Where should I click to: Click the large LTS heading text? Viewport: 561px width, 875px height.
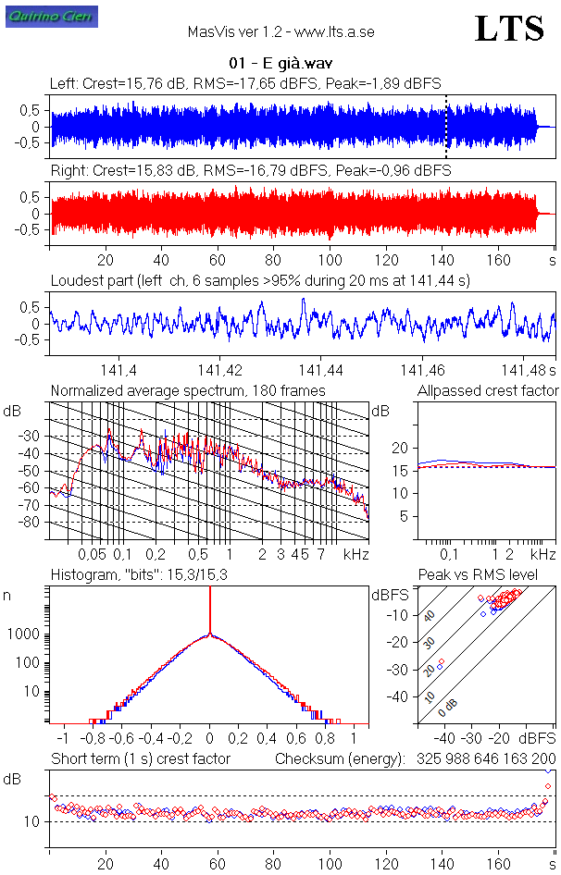click(508, 30)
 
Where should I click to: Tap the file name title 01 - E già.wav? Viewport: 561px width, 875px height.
click(280, 65)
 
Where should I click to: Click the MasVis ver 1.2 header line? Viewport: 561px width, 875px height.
click(280, 31)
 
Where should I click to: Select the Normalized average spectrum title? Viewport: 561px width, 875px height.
click(188, 391)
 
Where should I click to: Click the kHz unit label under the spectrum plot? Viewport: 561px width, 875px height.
click(355, 555)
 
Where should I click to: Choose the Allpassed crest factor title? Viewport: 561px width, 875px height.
click(488, 391)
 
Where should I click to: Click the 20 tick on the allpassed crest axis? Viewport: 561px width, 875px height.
click(400, 448)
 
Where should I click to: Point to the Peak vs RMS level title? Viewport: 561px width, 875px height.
click(478, 575)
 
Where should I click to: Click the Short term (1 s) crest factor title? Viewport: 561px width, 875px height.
click(141, 759)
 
